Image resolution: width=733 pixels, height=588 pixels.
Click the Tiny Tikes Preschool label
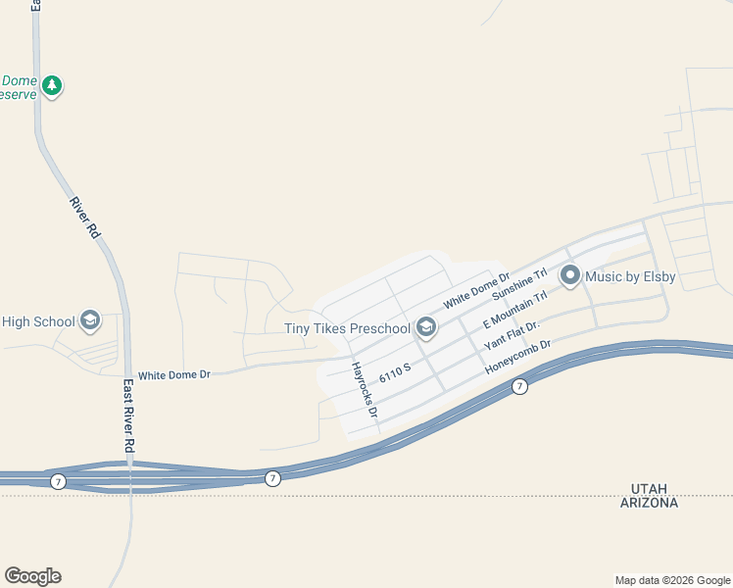coord(347,328)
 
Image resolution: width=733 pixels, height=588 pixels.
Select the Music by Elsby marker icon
coord(569,277)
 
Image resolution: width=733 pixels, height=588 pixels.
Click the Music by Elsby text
coord(630,277)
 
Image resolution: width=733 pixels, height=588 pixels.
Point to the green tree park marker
coord(52,86)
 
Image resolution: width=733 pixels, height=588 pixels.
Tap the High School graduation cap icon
coord(90,320)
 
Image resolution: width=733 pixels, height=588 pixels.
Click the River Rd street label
coord(85,218)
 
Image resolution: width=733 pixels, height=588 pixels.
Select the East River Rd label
coord(128,416)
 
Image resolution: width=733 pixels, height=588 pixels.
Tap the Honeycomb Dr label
coord(519,358)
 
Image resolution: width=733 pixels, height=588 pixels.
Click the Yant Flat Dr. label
coord(512,337)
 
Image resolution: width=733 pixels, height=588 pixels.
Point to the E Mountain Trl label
coord(514,310)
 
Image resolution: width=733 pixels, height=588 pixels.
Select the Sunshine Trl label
coord(518,284)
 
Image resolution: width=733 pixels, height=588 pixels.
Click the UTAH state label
coord(650,488)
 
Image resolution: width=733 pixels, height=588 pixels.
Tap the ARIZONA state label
coord(649,503)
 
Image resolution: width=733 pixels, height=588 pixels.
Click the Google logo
coord(32,576)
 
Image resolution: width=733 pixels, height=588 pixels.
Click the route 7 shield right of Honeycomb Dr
coord(520,387)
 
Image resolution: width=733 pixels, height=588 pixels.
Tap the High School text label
coord(38,321)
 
